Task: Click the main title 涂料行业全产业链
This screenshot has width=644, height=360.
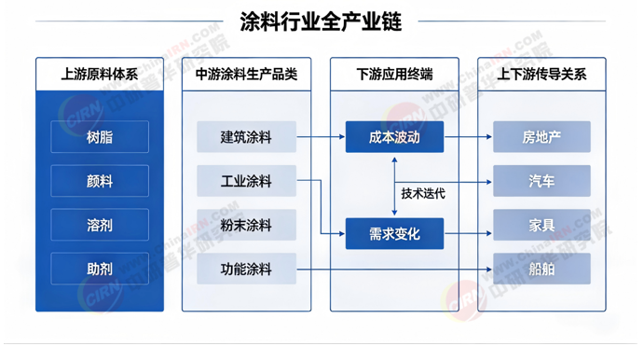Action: point(321,21)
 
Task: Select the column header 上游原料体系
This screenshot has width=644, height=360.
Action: point(100,74)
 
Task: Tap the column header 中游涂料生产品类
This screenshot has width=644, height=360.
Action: point(246,74)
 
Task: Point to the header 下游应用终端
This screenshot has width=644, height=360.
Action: point(394,74)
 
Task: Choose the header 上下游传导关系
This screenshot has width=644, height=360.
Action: point(541,74)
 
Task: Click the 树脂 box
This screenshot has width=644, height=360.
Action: point(100,137)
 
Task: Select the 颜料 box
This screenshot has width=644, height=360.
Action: point(100,181)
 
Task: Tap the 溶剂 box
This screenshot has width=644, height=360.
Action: point(100,225)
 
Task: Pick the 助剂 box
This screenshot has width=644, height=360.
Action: point(100,269)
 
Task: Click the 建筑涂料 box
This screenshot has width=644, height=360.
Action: point(246,137)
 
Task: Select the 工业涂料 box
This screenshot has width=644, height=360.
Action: point(246,181)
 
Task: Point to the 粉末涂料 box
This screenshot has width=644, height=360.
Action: point(246,225)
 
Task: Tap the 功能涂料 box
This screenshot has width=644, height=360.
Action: point(246,269)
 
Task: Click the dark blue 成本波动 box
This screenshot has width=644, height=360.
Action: point(394,137)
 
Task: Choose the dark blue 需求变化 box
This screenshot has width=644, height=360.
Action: point(394,233)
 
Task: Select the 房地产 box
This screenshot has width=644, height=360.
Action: point(541,137)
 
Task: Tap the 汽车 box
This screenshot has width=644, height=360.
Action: point(541,181)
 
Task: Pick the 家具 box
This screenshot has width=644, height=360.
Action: point(541,225)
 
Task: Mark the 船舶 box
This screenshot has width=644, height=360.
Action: point(541,269)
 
